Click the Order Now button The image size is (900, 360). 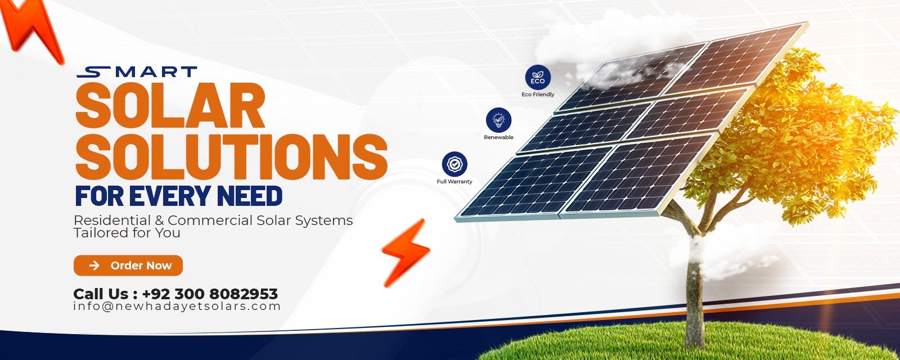[128, 265]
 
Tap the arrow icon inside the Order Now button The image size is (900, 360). [94, 265]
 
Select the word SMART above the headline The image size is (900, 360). [137, 72]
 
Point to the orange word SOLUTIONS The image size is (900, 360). [231, 157]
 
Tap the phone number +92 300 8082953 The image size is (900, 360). [210, 294]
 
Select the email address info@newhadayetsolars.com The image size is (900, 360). [177, 307]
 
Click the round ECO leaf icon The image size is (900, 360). [538, 78]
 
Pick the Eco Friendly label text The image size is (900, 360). [538, 94]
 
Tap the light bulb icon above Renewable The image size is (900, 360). [498, 120]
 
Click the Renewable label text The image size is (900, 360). [498, 137]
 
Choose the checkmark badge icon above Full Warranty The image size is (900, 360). [455, 164]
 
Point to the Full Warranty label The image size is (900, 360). [454, 182]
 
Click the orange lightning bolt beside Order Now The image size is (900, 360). [405, 253]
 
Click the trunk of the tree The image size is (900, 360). [694, 293]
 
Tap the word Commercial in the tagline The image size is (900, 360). [210, 220]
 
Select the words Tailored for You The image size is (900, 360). [127, 233]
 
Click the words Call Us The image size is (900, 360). [101, 294]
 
